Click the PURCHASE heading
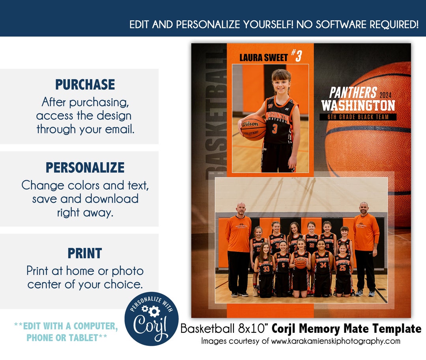(85, 84)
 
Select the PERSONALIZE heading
(85, 167)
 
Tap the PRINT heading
(85, 253)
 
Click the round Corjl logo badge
(151, 319)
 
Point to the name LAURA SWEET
(263, 58)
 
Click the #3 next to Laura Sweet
(297, 56)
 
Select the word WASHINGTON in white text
(358, 106)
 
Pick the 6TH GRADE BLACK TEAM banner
(358, 117)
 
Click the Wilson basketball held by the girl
(252, 127)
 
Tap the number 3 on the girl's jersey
(275, 129)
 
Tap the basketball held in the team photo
(301, 263)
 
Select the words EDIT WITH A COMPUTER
(66, 326)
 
